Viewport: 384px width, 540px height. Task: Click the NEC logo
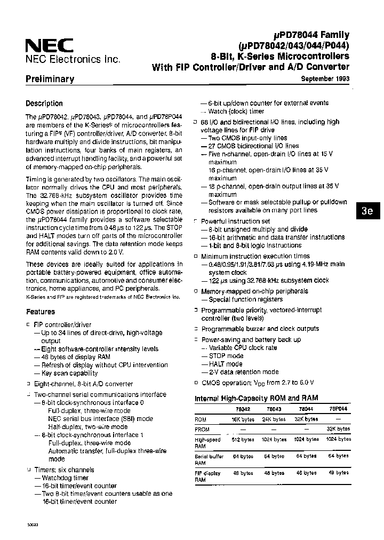tap(49, 45)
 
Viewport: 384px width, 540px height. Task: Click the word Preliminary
tap(50, 79)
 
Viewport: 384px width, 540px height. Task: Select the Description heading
tap(44, 104)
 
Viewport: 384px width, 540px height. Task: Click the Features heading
tap(40, 312)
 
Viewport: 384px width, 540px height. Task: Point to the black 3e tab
tap(367, 210)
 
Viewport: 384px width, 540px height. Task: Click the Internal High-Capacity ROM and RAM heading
tap(256, 398)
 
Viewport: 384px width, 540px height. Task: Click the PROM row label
tap(202, 430)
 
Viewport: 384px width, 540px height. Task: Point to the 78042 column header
tap(243, 409)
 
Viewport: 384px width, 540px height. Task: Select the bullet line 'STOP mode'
tap(226, 355)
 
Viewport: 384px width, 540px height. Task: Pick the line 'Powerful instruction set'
tap(235, 221)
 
